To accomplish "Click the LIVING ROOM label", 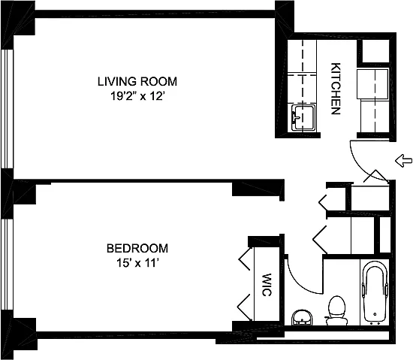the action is [137, 81].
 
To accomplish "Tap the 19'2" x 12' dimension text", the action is [137, 96].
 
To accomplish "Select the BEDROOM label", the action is [137, 248].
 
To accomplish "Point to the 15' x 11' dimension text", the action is [137, 263].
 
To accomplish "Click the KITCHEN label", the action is [336, 89].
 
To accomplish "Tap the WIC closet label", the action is [267, 285].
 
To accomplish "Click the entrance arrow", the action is [403, 161].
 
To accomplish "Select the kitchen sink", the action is [303, 117].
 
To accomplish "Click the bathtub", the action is [375, 292].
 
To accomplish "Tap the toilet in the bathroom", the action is [336, 310].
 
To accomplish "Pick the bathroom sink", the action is [302, 318].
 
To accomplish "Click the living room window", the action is [7, 108].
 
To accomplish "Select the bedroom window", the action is [7, 265].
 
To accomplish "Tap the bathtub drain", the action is [375, 314].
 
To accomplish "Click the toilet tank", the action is [336, 321].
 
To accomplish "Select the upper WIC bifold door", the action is [245, 259].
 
